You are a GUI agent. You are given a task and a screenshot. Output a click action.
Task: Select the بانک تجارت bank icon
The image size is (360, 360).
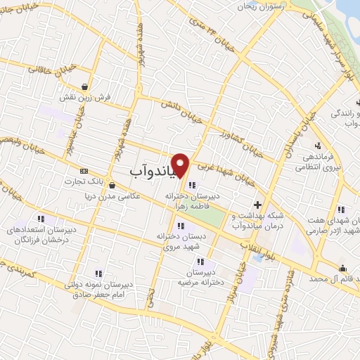[84, 171]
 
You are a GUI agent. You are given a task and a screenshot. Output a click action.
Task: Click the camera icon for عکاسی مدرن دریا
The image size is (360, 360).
[114, 185]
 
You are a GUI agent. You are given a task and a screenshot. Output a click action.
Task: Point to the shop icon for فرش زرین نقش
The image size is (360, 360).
[84, 88]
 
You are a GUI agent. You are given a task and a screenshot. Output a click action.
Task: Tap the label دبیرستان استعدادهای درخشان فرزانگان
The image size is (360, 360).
[39, 234]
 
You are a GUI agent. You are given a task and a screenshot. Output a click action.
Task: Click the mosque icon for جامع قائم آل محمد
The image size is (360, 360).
[342, 267]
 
